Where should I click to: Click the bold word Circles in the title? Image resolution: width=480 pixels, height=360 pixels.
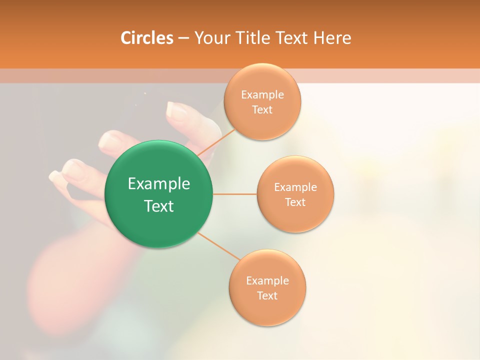[146, 38]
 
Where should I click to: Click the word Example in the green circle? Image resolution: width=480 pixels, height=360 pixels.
[159, 184]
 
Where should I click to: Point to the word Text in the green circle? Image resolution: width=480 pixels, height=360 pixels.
[159, 206]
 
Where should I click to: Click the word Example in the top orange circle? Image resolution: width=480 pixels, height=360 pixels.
[262, 94]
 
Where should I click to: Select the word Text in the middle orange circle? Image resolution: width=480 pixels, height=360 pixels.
[295, 202]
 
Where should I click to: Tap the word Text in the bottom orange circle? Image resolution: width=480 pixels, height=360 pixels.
[267, 295]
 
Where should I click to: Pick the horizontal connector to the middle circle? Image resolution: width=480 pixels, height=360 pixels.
[235, 193]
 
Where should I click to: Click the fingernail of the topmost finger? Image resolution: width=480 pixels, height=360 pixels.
[176, 110]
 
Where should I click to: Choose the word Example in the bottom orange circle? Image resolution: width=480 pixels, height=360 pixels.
[267, 280]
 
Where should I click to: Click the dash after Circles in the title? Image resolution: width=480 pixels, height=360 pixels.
[183, 38]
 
